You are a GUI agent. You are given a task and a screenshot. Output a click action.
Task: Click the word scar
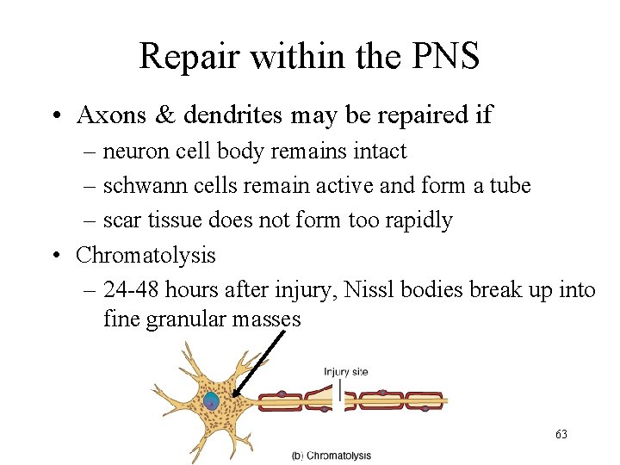pos(121,220)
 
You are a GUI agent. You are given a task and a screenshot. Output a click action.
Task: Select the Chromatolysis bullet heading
pos(146,255)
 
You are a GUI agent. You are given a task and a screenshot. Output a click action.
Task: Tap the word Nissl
pos(370,290)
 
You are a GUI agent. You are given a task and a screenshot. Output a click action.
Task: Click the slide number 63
pos(561,435)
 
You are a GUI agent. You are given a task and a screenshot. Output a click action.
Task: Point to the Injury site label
pos(345,372)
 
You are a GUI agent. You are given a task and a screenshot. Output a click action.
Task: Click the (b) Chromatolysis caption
pos(331,456)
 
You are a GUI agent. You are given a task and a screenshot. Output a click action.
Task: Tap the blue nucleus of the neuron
pos(211,400)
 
